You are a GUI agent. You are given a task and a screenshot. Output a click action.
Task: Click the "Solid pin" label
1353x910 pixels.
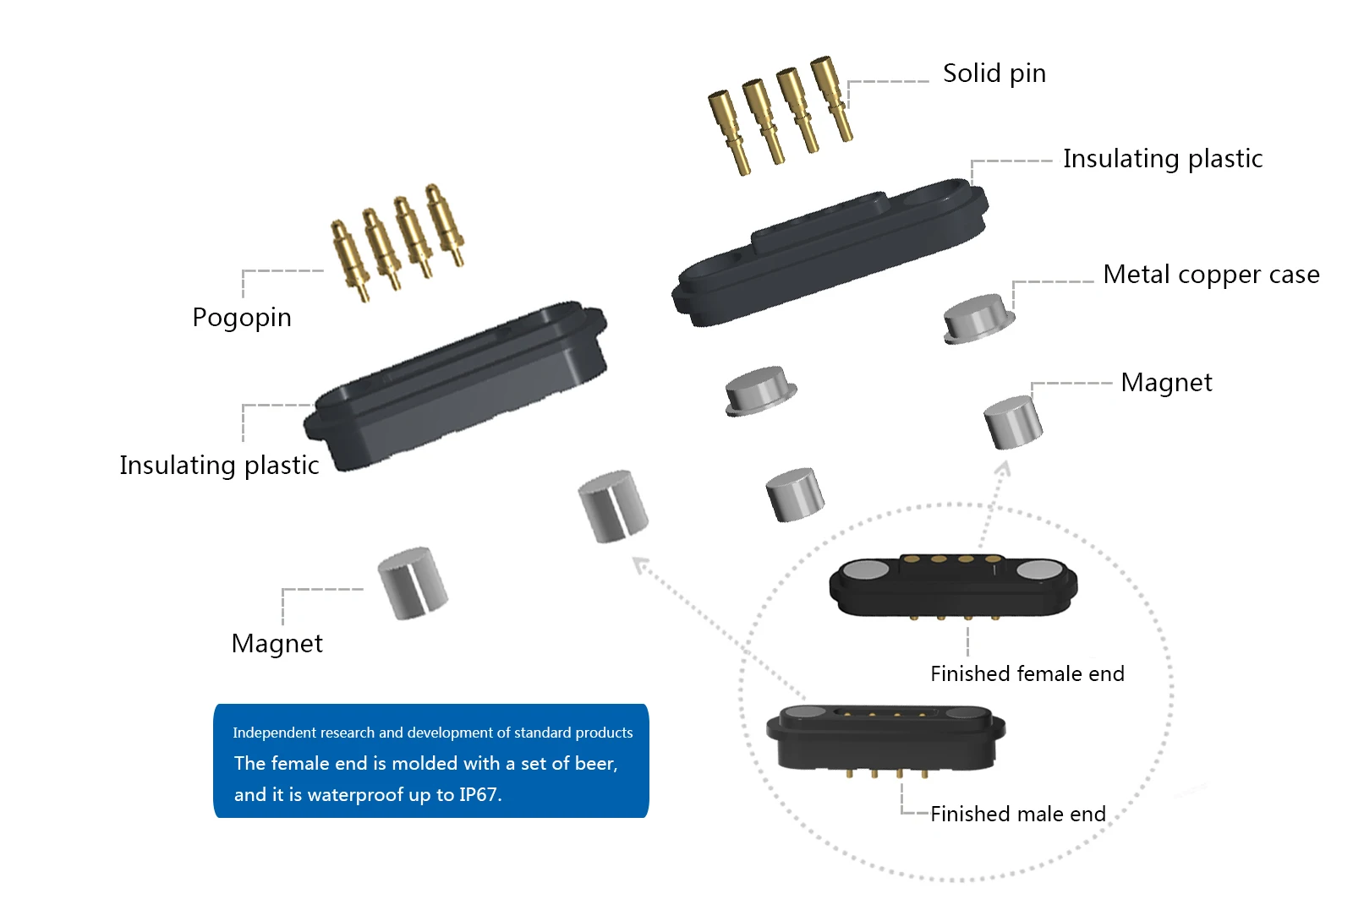tap(994, 74)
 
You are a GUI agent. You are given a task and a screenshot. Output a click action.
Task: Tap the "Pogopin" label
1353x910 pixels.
tap(242, 318)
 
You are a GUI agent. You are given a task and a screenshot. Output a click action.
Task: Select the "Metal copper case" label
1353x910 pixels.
tap(1211, 275)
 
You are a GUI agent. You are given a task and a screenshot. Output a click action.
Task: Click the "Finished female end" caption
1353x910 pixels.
tap(1027, 673)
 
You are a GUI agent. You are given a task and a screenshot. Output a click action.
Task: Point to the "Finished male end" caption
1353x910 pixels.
tap(1017, 814)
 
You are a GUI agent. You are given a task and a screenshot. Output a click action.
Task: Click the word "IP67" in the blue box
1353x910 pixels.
tap(479, 795)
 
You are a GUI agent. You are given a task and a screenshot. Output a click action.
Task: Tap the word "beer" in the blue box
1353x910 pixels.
tap(594, 764)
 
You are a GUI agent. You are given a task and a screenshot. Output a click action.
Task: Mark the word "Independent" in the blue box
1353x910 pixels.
tap(273, 733)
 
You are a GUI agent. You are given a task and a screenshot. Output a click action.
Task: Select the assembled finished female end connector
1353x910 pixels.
tap(953, 586)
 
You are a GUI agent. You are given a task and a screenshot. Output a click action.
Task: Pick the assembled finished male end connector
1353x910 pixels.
tap(885, 737)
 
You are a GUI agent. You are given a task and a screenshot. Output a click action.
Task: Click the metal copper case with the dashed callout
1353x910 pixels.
tap(978, 319)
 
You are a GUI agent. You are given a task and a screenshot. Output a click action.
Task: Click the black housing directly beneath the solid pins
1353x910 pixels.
tap(829, 251)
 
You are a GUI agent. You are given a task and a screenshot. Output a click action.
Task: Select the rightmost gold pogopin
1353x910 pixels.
tap(446, 224)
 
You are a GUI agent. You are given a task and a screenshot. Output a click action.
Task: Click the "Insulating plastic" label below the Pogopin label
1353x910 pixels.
tap(219, 466)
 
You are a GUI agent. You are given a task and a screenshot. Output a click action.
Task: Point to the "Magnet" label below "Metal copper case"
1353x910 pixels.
tap(1165, 383)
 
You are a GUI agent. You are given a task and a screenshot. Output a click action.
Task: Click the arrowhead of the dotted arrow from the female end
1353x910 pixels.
tap(1004, 466)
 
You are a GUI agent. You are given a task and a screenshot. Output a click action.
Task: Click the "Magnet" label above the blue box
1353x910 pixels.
tap(277, 644)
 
